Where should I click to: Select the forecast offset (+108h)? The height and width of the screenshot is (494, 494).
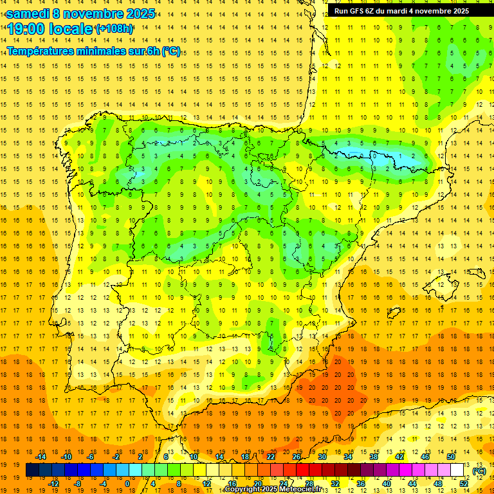click(x=114, y=29)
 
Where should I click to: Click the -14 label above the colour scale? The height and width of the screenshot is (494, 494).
click(x=41, y=457)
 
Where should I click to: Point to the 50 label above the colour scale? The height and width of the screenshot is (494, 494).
click(x=451, y=457)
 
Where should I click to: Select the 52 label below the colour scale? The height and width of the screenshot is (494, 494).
click(x=464, y=484)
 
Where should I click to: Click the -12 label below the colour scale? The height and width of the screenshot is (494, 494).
click(x=53, y=484)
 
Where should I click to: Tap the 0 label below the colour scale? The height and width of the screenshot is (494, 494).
click(x=127, y=484)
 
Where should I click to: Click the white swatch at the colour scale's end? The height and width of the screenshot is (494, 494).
click(x=457, y=470)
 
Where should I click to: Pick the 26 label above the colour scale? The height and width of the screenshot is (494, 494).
click(x=297, y=457)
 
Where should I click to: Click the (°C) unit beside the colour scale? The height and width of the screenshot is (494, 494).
click(x=479, y=471)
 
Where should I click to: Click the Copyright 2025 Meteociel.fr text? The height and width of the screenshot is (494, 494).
click(x=277, y=489)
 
